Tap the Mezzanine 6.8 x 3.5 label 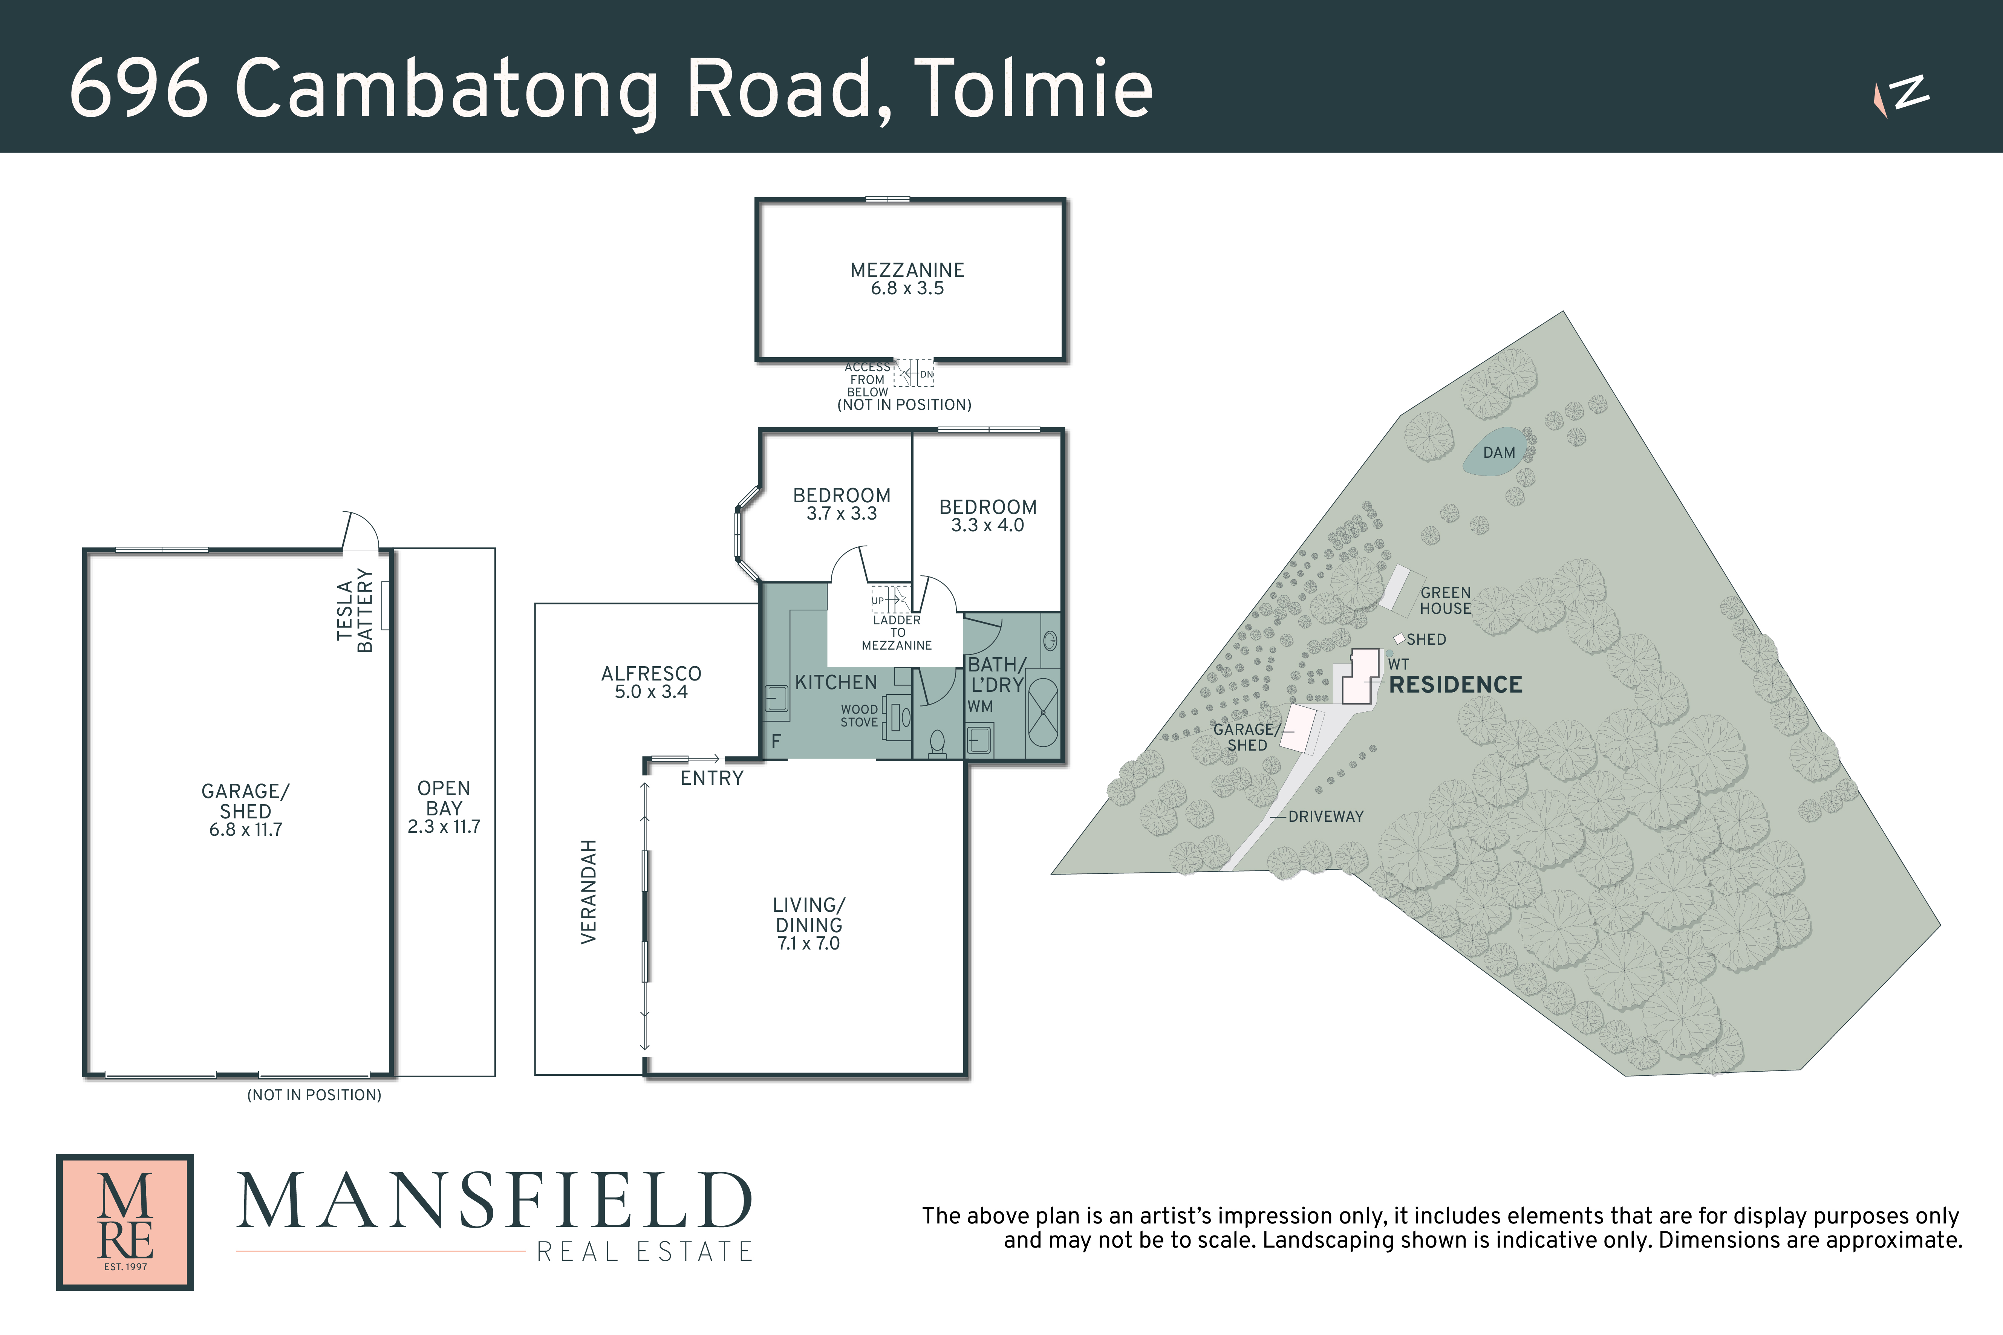click(907, 278)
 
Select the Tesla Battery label click(355, 610)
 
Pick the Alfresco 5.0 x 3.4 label click(652, 682)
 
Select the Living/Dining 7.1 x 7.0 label click(808, 924)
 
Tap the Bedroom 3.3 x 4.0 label click(988, 515)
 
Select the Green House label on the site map click(1445, 600)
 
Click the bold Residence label click(1455, 685)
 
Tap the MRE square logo click(125, 1222)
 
